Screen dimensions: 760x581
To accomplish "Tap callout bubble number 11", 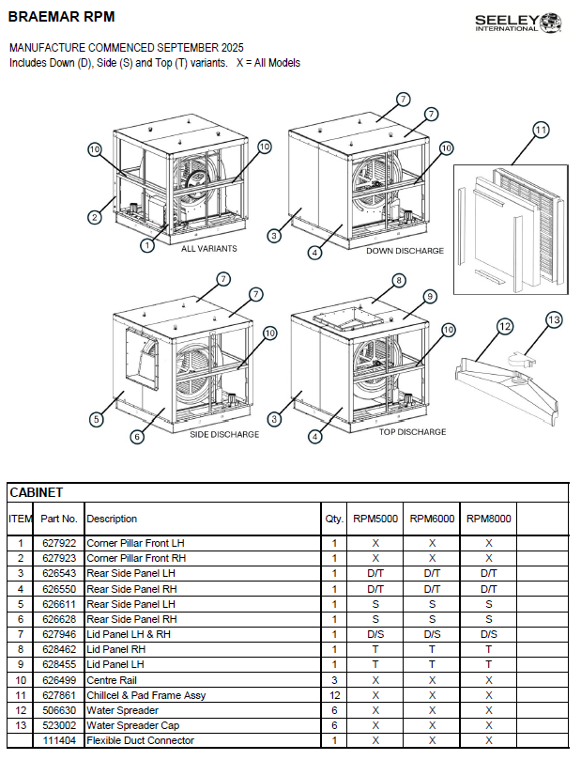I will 540,131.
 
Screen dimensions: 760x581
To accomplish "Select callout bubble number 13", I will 554,319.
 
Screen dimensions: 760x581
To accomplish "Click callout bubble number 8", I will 398,280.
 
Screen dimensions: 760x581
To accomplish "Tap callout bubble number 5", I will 96,419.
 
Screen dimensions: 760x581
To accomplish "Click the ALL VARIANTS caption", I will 209,248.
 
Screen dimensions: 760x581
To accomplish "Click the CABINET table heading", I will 36,492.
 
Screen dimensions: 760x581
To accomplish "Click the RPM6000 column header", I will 432,519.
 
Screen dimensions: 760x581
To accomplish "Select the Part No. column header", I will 59,519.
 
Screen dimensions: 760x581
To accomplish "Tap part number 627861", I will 59,695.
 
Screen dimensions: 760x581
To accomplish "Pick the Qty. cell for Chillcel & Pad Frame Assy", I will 333,695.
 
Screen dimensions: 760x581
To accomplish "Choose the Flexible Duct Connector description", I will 141,740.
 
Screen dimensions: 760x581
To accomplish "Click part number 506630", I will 59,710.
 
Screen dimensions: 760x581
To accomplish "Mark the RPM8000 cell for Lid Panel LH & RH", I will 489,634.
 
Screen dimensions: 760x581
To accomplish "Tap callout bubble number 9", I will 430,296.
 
